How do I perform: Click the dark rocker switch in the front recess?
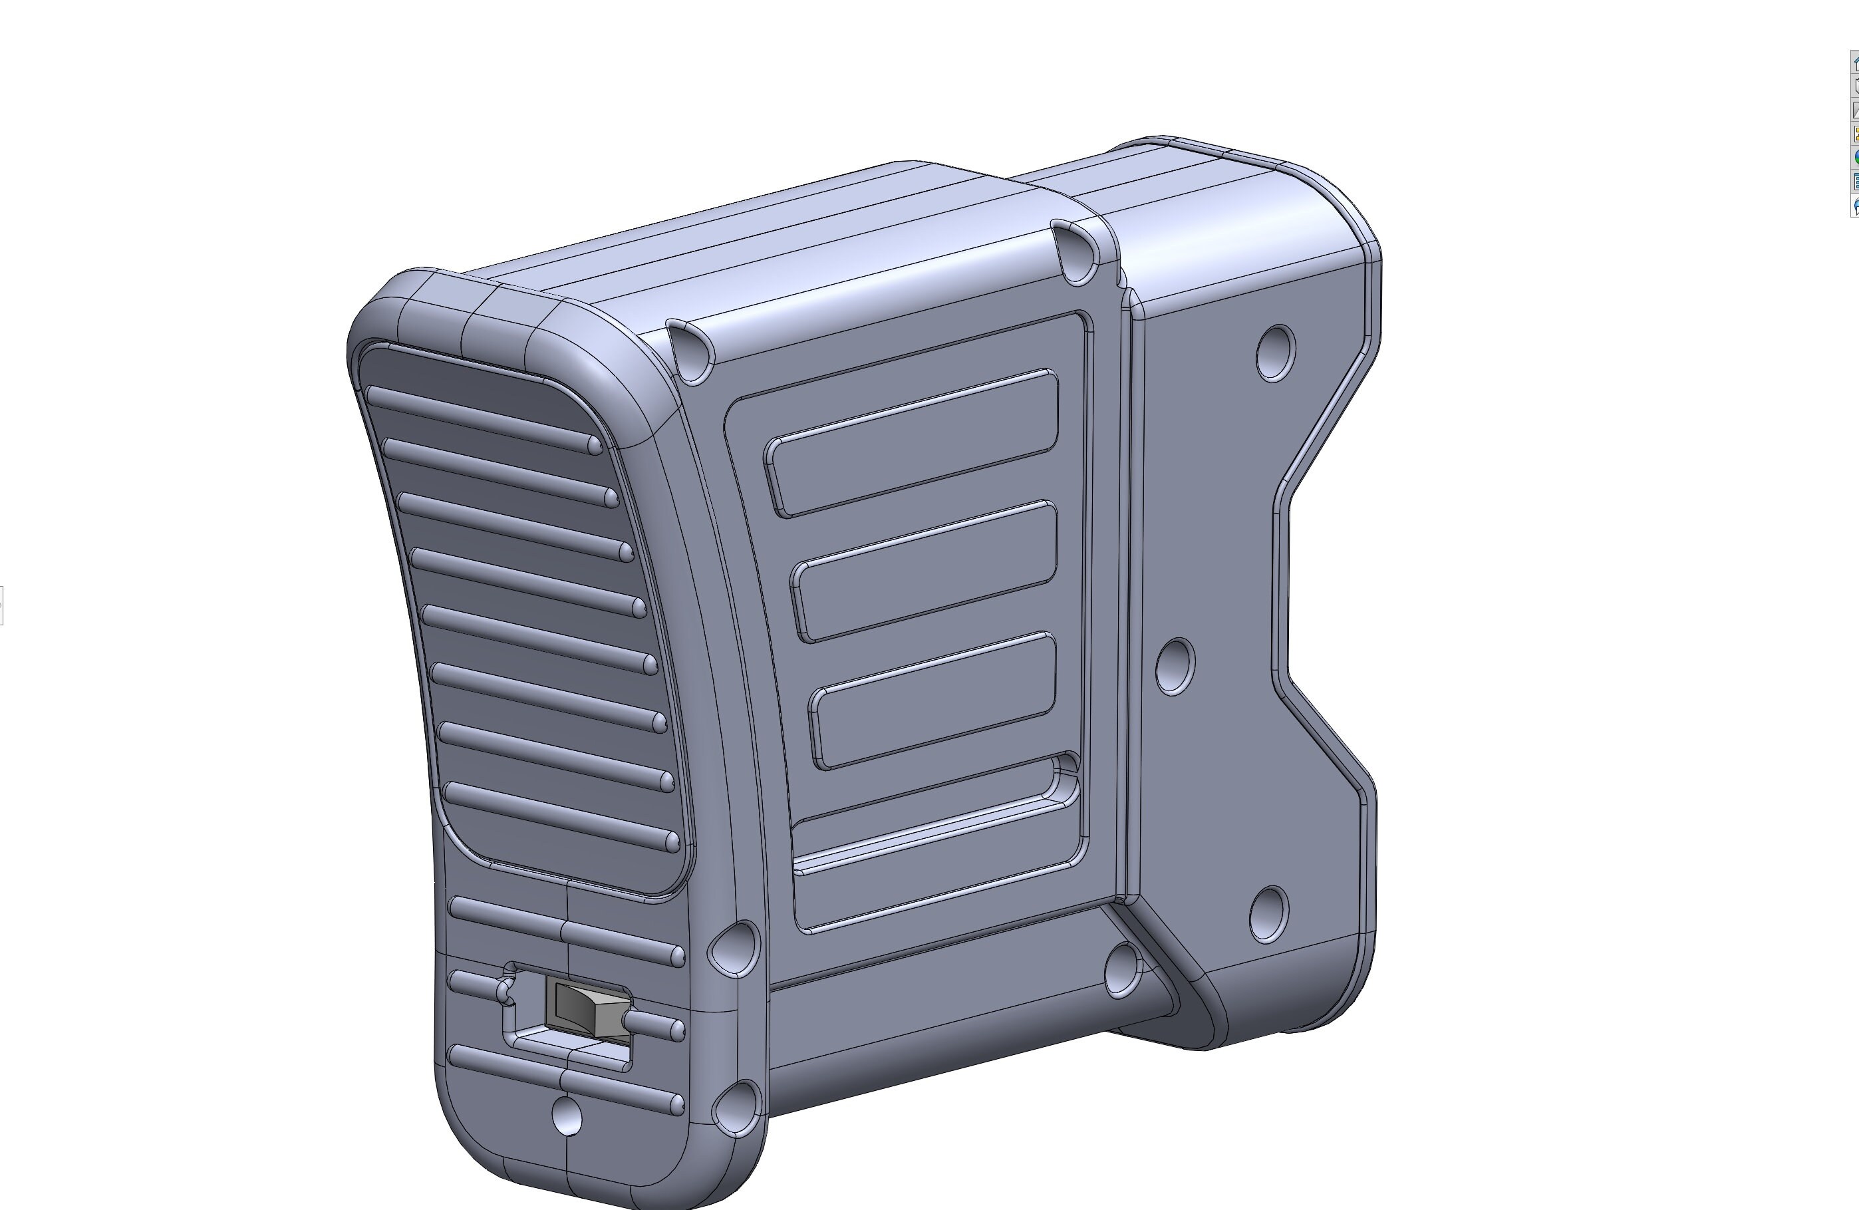click(x=587, y=1010)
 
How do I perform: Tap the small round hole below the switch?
click(x=566, y=1115)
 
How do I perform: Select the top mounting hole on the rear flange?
click(x=1276, y=353)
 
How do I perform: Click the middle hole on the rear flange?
click(x=1174, y=667)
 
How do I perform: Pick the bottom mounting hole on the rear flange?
click(x=1269, y=914)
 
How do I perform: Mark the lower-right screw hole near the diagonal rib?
click(x=1123, y=969)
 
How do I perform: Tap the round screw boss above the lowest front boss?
click(x=735, y=947)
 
